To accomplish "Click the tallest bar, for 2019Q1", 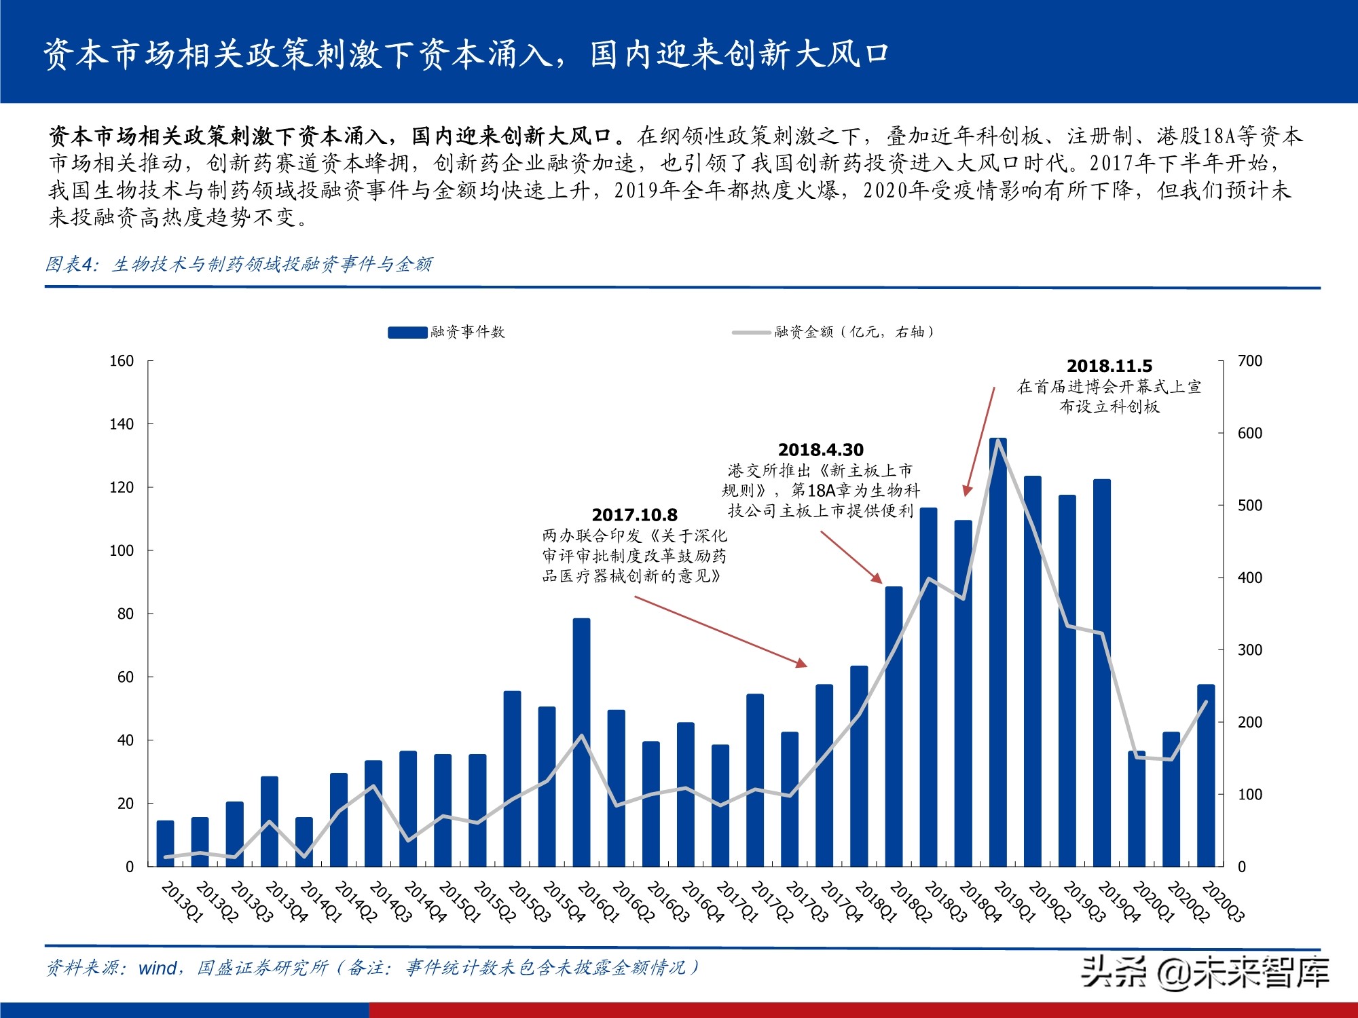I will [x=997, y=652].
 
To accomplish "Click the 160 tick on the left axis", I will [x=122, y=361].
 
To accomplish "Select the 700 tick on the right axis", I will [x=1249, y=361].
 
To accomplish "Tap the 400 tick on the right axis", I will [x=1249, y=578].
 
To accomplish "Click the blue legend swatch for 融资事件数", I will [x=407, y=332].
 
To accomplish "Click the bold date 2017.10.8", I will [x=634, y=515].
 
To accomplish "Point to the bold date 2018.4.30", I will [x=820, y=450].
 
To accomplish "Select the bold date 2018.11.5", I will [x=1109, y=366].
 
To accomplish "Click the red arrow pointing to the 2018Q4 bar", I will [x=980, y=441].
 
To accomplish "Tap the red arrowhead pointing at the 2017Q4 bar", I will [x=802, y=663].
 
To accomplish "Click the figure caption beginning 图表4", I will [x=238, y=264].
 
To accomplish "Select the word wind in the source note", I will [x=158, y=968].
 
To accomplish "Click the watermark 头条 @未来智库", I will [x=1205, y=971].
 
